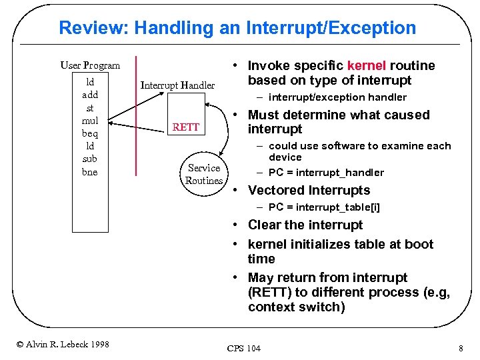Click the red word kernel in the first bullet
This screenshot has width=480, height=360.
366,66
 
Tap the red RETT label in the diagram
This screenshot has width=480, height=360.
186,127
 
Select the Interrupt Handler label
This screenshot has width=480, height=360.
177,85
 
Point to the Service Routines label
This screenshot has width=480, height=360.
204,174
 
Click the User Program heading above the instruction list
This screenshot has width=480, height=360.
90,65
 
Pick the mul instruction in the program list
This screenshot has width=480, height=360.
90,121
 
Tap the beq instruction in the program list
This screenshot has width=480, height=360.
90,133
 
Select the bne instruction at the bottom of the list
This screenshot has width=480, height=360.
90,172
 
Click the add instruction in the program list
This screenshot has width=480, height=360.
90,95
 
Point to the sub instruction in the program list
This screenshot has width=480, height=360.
90,159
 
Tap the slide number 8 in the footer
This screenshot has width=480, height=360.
461,348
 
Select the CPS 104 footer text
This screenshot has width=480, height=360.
244,348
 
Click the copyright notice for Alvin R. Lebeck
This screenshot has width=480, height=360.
63,344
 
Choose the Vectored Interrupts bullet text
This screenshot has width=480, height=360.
309,191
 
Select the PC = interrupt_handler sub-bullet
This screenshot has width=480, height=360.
326,173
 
